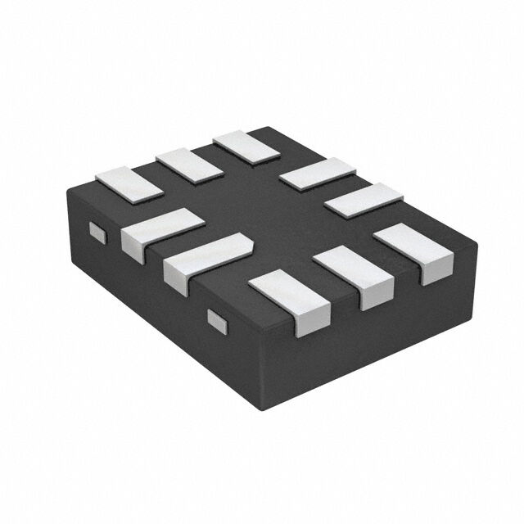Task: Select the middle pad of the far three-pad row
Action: click(x=189, y=164)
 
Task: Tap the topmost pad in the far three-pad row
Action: click(x=246, y=145)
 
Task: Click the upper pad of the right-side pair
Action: click(x=317, y=174)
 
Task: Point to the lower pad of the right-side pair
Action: click(x=364, y=199)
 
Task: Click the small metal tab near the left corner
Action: click(x=97, y=233)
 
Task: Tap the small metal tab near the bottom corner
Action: click(x=217, y=320)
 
